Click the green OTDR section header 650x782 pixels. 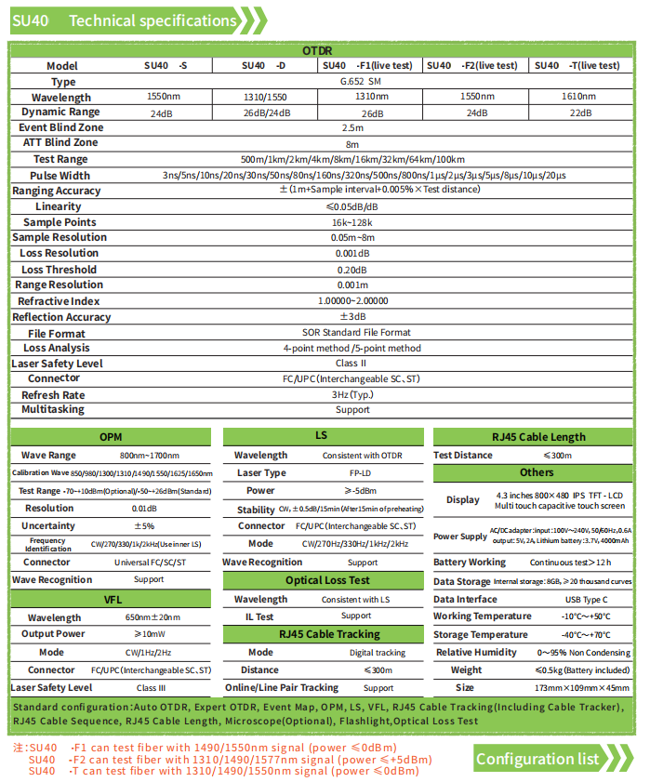pos(318,51)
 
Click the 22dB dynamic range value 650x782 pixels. pos(580,113)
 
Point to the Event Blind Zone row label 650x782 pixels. pos(61,127)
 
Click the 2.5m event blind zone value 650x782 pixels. pos(352,128)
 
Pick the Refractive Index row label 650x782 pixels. pos(59,301)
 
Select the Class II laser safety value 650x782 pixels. pos(352,364)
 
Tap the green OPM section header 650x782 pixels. pos(111,437)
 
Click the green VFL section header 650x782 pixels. pos(112,600)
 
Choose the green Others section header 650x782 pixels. pos(537,472)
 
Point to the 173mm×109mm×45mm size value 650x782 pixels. pos(581,688)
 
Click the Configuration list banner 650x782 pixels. pos(537,760)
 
